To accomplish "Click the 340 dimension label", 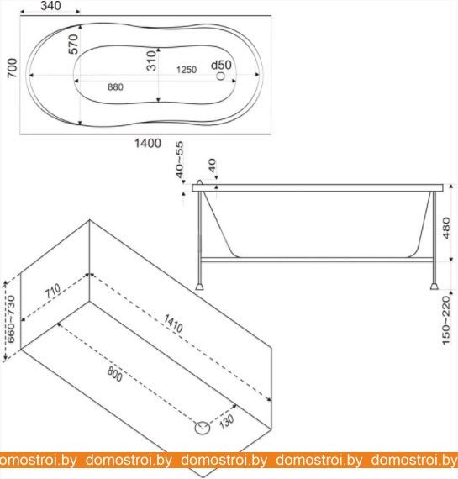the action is tap(50, 6).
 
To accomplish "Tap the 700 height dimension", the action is tap(13, 68).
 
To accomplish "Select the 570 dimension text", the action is tap(73, 44).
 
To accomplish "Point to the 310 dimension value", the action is tap(151, 61).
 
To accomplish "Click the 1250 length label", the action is tap(187, 70).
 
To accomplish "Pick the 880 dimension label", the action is tap(115, 87).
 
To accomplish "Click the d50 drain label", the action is tap(221, 65).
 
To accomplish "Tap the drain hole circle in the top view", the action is tap(221, 76).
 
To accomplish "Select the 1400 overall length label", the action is tap(148, 143).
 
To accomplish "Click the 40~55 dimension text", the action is tap(180, 159).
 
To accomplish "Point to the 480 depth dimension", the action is tap(446, 228).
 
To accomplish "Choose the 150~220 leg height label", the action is tap(446, 320).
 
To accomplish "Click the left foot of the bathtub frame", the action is tap(199, 287).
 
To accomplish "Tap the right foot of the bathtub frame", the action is tap(434, 287).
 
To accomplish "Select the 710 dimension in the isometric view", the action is tap(53, 291).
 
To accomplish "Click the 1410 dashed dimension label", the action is tap(173, 324).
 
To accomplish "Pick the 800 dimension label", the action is tap(115, 374).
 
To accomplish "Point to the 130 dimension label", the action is tap(226, 422).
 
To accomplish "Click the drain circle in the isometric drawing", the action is tap(203, 428).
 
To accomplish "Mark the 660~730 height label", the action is tap(10, 319).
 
